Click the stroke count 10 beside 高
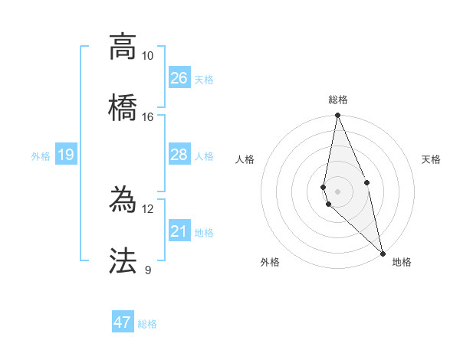point(147,56)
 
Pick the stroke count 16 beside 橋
point(147,116)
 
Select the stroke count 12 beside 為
point(147,209)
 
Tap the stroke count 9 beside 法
point(147,270)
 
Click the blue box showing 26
point(179,77)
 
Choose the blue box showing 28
point(179,155)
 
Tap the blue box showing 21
point(179,231)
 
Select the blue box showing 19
point(66,155)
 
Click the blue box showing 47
point(123,322)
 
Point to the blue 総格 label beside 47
point(147,324)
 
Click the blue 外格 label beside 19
point(41,156)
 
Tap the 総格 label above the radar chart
point(337,100)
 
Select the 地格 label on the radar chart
point(402,262)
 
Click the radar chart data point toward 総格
point(337,116)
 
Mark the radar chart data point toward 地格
point(383,253)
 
